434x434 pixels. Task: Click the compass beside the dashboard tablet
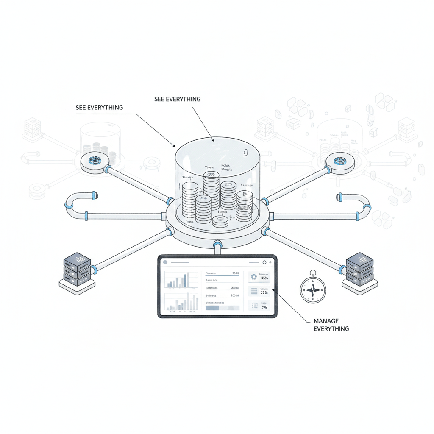(x=313, y=289)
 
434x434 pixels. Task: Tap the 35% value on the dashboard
(x=264, y=278)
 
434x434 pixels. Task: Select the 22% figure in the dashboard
(x=264, y=292)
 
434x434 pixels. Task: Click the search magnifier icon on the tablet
(x=264, y=262)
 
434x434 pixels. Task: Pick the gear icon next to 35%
(x=254, y=277)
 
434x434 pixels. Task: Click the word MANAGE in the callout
(x=326, y=321)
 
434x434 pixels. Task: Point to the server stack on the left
(x=77, y=270)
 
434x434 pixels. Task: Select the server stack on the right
(x=359, y=270)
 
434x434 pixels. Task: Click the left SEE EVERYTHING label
(x=99, y=108)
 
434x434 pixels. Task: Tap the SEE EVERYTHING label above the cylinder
(x=178, y=99)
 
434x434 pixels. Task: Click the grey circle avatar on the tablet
(x=165, y=262)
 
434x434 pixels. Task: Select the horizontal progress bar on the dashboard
(x=222, y=308)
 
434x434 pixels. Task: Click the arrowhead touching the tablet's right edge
(x=273, y=289)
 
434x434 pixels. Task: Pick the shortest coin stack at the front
(x=220, y=220)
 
